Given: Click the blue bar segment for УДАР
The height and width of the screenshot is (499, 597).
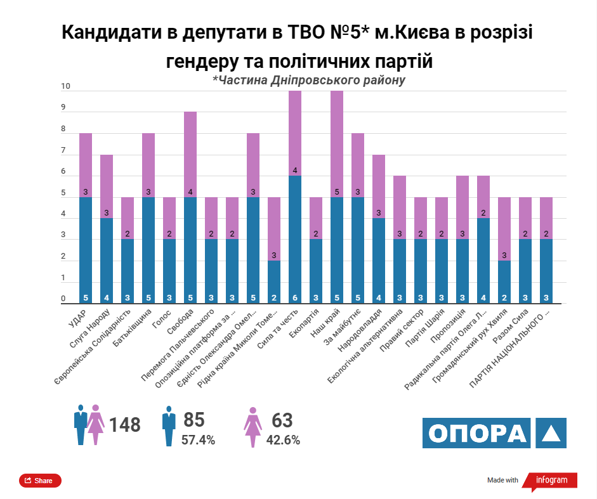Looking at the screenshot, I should coord(86,250).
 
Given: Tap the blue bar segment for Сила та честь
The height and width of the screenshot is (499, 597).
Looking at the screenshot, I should coord(295,239).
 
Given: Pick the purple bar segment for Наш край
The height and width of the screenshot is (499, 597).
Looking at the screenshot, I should coord(337,144).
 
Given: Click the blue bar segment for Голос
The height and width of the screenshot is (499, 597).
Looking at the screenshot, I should coord(169,271).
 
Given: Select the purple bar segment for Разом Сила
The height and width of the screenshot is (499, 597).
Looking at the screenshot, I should coord(525,218).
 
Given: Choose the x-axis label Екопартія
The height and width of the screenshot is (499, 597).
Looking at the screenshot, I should coord(305,324).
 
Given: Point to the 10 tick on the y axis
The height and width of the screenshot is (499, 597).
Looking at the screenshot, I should coord(65,87).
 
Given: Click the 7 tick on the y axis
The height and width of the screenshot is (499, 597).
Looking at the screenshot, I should coord(63,151).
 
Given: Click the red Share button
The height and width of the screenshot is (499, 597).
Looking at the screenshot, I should coord(40,481).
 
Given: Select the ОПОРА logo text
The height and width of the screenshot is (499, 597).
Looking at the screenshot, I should coord(477,433).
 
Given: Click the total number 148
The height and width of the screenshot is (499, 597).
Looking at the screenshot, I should coord(124,424).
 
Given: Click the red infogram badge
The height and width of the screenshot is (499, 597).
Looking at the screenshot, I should coord(551,480).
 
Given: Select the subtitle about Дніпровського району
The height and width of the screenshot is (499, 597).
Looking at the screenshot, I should coord(308,81).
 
